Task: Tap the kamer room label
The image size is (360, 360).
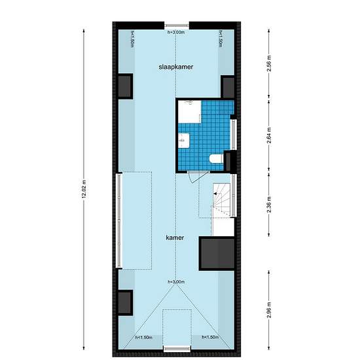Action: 175,239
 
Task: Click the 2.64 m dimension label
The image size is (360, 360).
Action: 270,137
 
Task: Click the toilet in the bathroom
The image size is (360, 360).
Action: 215,158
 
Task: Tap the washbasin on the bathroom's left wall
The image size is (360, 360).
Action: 183,139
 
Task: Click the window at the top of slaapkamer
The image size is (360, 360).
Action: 175,26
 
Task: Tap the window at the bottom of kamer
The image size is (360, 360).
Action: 175,347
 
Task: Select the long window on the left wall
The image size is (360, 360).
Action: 118,219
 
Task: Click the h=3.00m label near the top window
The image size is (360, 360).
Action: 177,32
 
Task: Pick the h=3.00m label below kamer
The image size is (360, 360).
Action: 177,282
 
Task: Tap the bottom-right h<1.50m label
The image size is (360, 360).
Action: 210,338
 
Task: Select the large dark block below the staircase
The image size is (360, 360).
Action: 216,253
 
